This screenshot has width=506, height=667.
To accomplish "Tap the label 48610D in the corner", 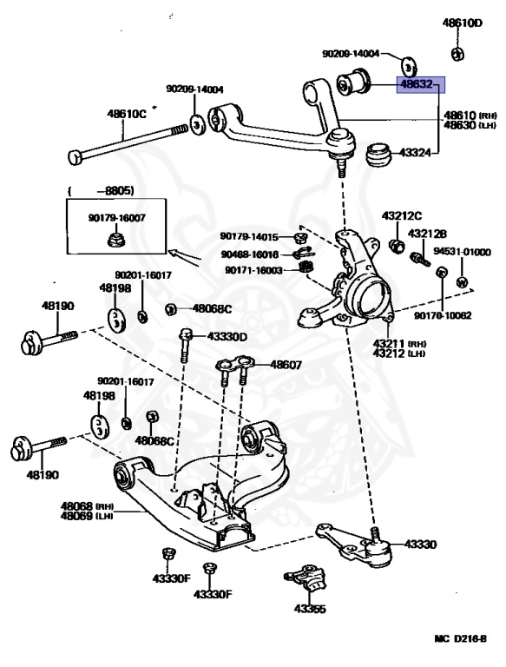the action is tap(463, 23).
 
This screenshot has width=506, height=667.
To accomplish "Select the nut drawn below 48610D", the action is tap(457, 54).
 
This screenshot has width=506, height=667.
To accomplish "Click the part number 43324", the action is tap(415, 152).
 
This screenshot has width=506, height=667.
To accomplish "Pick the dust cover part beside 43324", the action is tap(378, 155).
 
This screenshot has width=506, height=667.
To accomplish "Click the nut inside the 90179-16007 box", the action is tap(115, 240).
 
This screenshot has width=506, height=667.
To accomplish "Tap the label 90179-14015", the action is tap(249, 236).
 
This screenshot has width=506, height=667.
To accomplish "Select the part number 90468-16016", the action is tap(250, 254).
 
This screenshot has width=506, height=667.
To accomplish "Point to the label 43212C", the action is tap(401, 215).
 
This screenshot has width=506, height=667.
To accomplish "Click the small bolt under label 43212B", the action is tap(420, 259).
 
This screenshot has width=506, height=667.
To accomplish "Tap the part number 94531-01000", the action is tap(463, 252).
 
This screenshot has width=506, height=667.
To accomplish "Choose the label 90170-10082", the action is tap(443, 315).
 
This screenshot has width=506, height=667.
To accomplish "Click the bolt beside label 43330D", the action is tap(185, 345).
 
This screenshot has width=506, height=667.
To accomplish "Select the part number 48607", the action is tap(286, 365).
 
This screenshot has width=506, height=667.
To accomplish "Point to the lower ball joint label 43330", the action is tap(420, 544).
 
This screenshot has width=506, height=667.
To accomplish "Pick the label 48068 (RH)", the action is tap(87, 506).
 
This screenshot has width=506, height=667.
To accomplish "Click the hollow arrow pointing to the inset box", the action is tap(184, 258).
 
